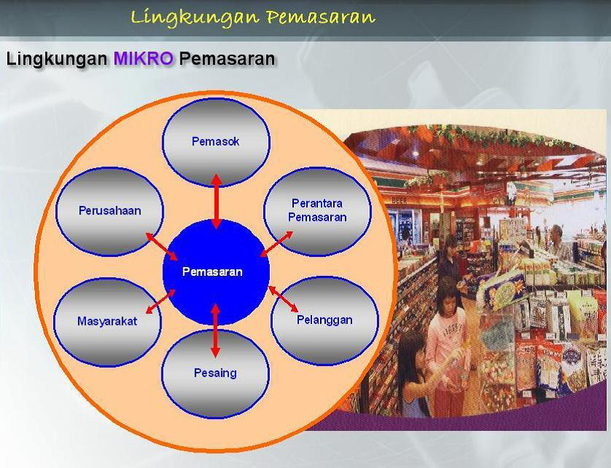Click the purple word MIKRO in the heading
tap(143, 59)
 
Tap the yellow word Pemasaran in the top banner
tap(321, 17)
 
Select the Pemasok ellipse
tap(215, 141)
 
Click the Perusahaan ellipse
tap(110, 211)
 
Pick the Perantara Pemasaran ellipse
tap(317, 211)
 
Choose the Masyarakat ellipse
tap(107, 322)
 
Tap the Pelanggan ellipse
tap(324, 320)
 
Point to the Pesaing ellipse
tap(215, 373)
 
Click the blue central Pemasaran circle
tap(216, 271)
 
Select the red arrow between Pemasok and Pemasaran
tap(216, 202)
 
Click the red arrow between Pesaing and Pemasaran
tap(215, 330)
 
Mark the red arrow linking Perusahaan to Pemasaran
tap(161, 247)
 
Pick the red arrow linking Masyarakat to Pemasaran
tap(160, 301)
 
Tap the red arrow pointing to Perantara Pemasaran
tap(276, 244)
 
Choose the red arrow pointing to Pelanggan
tap(283, 298)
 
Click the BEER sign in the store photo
tap(399, 200)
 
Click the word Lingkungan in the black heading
tap(57, 59)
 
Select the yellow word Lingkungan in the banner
tap(195, 18)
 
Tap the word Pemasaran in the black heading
tap(227, 59)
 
